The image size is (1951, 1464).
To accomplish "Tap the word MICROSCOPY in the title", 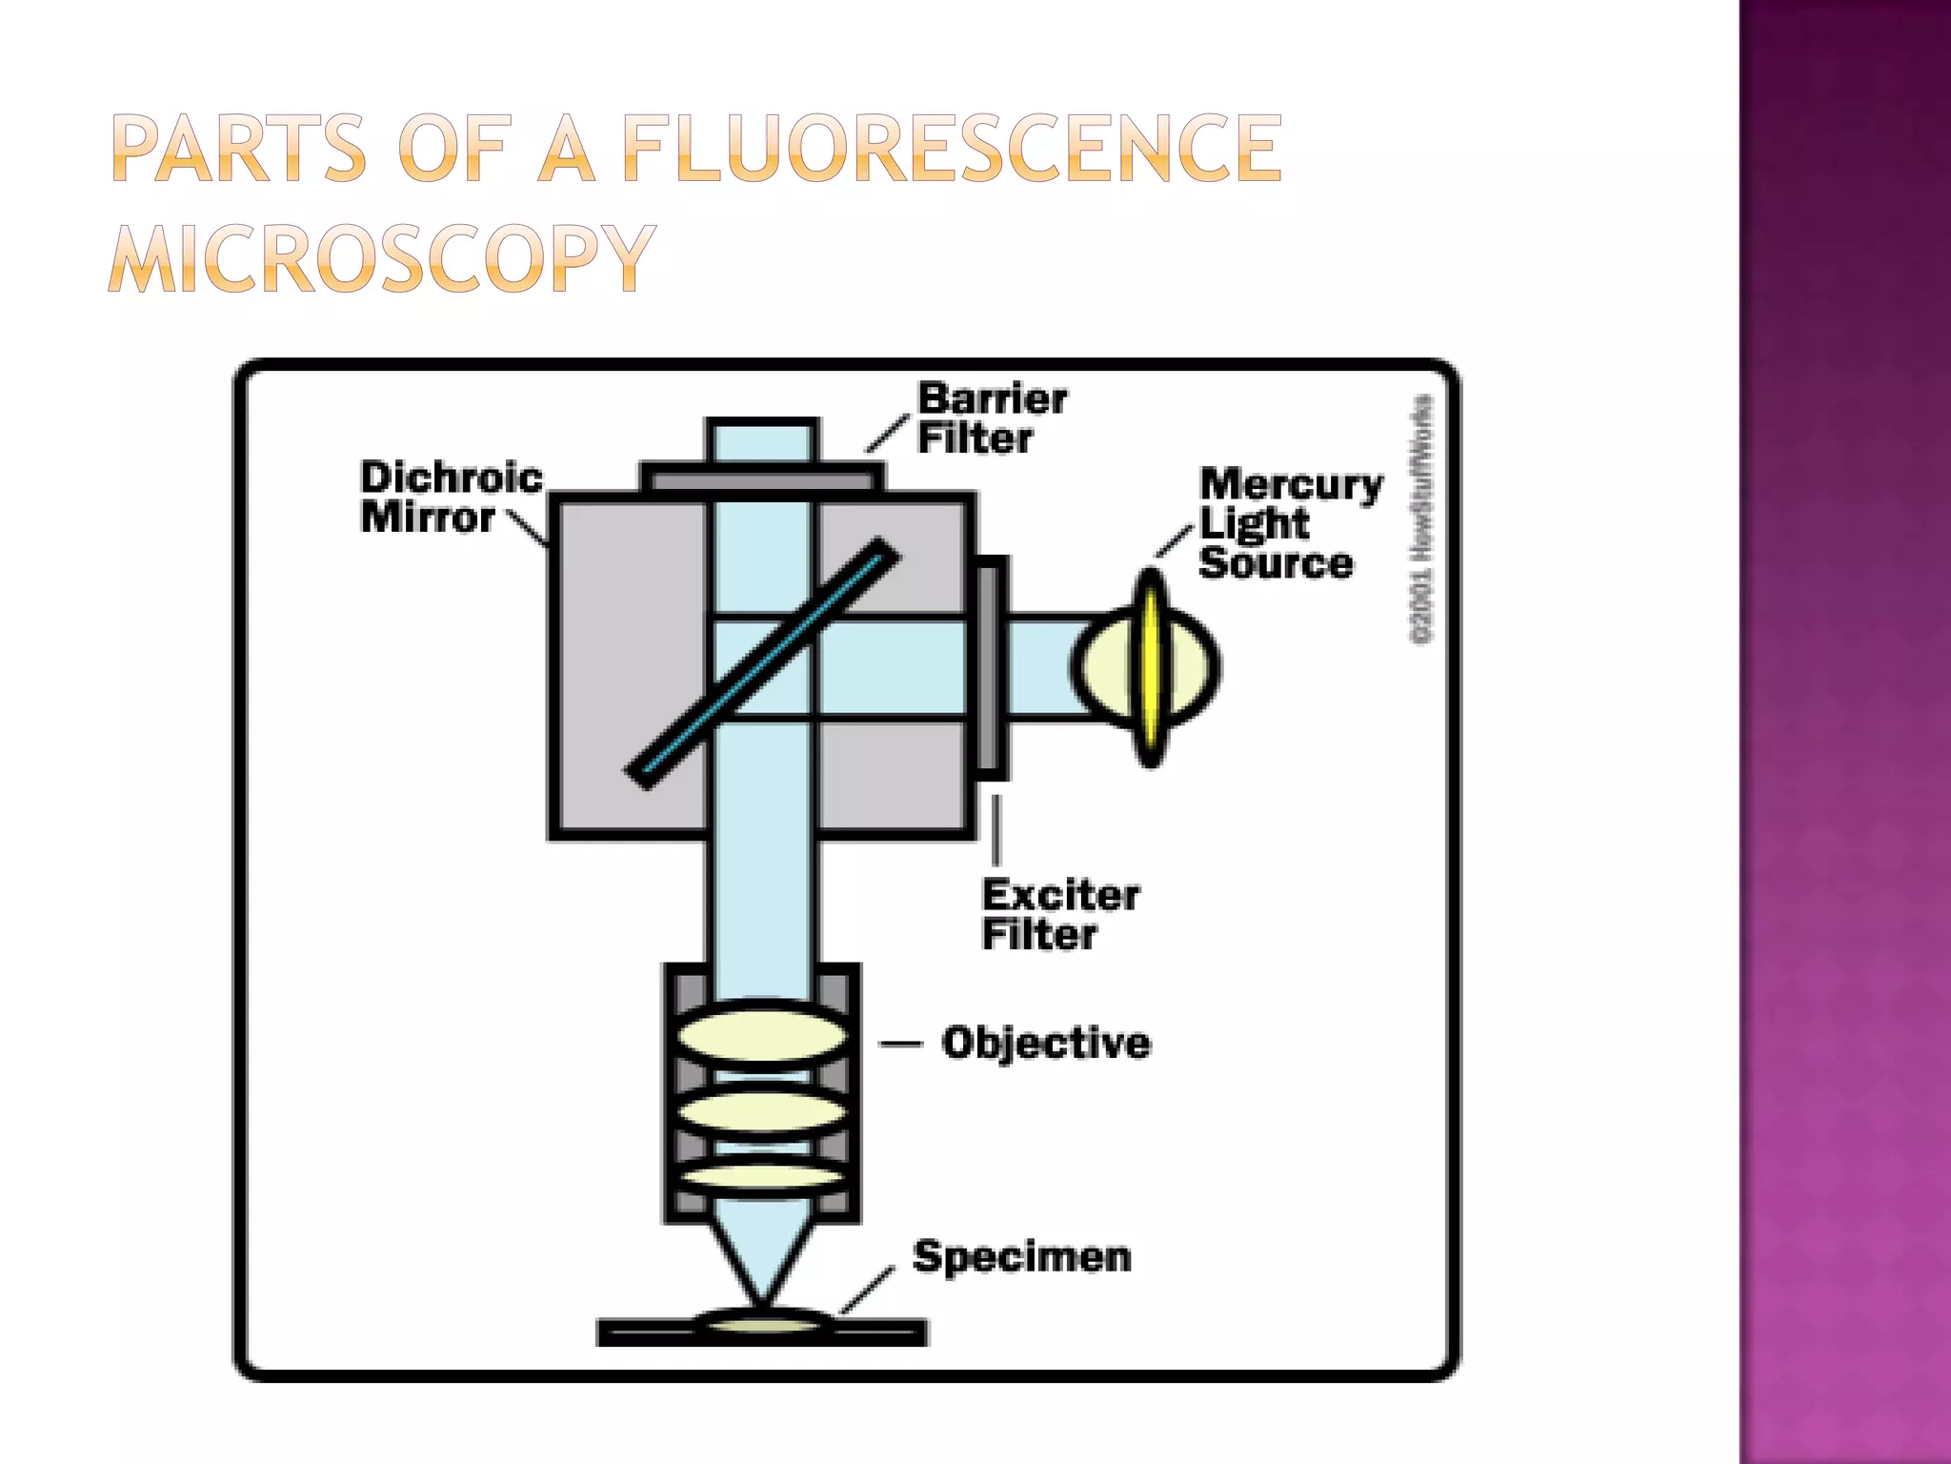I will [382, 258].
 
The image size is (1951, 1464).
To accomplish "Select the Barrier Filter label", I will [991, 418].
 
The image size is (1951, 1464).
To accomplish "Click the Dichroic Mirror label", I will [451, 498].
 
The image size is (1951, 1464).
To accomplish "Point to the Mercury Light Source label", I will [1289, 523].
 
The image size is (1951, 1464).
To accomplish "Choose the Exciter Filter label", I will [1059, 915].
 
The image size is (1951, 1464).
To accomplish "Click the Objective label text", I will [1046, 1043].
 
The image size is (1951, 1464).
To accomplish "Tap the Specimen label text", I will [1022, 1257].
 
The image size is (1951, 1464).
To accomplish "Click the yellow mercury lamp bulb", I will [1152, 667].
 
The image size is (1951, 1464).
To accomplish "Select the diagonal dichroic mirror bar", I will [762, 664].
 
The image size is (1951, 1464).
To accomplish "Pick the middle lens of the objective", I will [762, 1111].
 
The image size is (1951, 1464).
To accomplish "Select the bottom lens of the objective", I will [762, 1176].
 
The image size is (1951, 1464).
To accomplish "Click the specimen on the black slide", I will [762, 1323].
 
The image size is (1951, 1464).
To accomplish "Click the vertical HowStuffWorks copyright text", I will [1421, 519].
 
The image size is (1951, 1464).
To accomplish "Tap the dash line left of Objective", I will [899, 1045].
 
